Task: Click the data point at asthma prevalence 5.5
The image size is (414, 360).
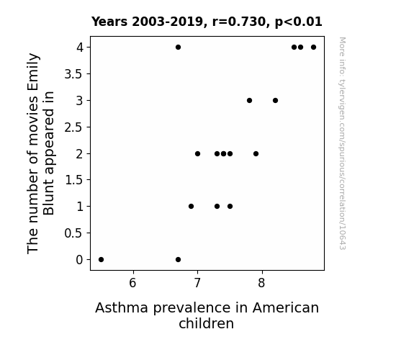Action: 101,260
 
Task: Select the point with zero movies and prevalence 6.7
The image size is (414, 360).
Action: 179,260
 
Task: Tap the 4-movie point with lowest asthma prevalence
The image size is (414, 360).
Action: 179,48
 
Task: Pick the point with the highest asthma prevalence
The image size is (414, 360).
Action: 313,48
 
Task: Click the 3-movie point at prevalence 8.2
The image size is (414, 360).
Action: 275,100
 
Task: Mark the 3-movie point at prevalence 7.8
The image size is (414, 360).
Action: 249,100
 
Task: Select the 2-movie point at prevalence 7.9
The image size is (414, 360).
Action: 256,153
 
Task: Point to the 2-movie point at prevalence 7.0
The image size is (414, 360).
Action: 197,153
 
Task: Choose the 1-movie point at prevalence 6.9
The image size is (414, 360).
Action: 191,207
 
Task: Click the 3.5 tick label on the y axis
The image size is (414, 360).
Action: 73,74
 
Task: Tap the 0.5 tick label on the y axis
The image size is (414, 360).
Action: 73,233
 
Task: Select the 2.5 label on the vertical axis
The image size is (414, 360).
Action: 73,127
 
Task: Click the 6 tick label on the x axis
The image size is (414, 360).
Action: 132,283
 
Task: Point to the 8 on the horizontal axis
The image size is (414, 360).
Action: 261,283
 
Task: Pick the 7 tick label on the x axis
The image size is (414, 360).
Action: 197,283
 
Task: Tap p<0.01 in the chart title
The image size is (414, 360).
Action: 299,22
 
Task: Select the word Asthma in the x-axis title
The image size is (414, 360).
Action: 122,307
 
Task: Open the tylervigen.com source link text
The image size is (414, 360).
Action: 342,143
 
